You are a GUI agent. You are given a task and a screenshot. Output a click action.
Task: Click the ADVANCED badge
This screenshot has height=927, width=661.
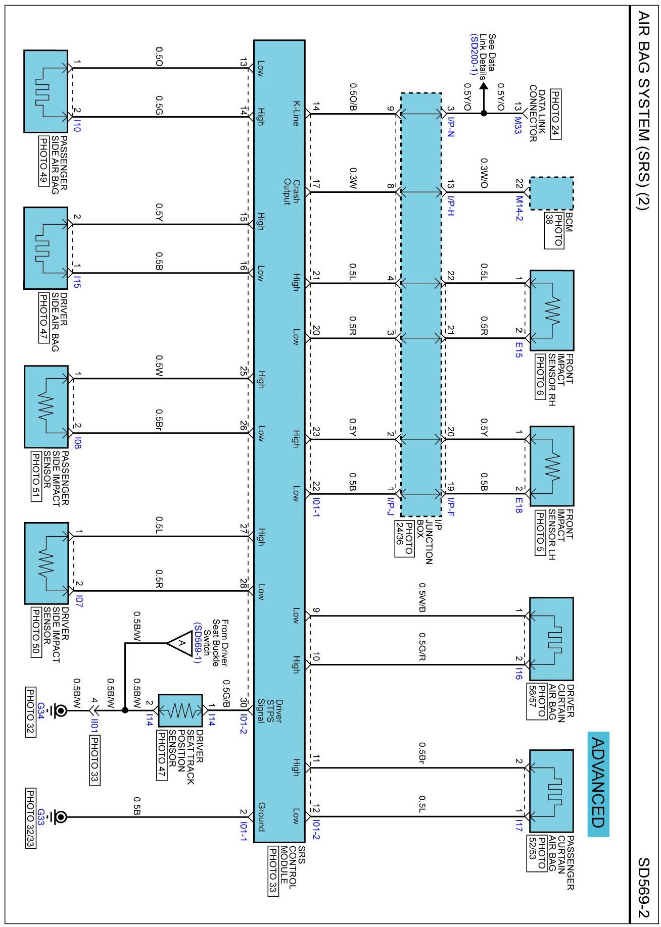(598, 783)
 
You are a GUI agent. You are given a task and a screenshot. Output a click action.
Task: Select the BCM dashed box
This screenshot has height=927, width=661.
(551, 193)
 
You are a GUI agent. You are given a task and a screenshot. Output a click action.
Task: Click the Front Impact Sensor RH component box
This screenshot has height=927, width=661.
(551, 311)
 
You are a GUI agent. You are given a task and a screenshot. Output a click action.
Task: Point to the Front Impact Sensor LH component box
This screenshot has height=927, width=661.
(551, 466)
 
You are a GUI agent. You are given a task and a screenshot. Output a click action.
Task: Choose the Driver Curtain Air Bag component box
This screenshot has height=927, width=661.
(551, 639)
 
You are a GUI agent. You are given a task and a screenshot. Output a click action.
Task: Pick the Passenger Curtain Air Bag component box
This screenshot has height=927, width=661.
(551, 791)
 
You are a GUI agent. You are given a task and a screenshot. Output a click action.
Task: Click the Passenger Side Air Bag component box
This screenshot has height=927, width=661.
(45, 91)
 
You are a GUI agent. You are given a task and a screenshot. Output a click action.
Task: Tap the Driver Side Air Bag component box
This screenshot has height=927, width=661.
(45, 248)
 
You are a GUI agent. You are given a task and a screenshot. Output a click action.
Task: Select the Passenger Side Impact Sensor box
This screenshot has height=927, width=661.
(46, 406)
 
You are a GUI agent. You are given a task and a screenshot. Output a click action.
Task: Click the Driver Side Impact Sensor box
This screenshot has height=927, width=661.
(46, 563)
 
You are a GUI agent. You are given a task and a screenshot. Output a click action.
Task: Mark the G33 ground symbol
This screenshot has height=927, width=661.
(60, 816)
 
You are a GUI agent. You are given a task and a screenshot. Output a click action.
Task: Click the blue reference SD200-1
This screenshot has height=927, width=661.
(474, 55)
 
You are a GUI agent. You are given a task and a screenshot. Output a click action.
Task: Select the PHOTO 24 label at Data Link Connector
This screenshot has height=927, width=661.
(555, 114)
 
